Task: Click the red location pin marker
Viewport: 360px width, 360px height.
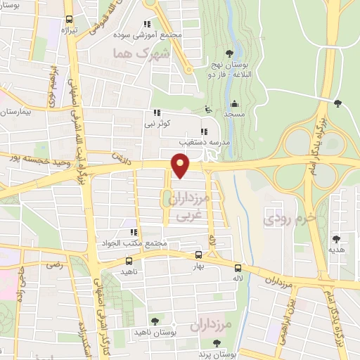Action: point(181,166)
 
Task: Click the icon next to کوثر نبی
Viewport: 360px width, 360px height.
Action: point(157,112)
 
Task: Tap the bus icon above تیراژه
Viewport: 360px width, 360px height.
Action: point(69,20)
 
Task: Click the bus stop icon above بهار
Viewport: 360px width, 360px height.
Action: point(198,255)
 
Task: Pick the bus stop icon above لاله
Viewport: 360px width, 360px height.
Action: point(238,268)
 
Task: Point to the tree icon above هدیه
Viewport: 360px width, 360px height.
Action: point(335,238)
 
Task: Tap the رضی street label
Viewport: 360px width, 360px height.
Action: point(53,265)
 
